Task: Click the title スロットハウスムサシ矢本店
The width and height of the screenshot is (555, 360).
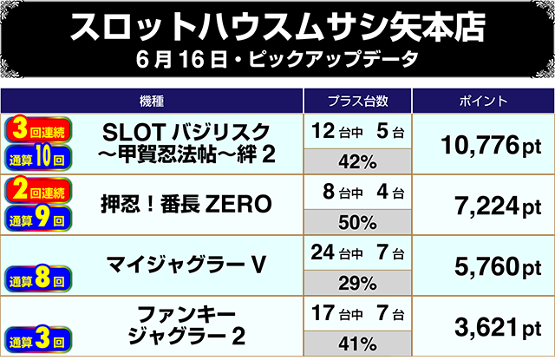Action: [x=277, y=27]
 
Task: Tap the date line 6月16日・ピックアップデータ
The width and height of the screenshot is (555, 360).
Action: [x=277, y=62]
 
